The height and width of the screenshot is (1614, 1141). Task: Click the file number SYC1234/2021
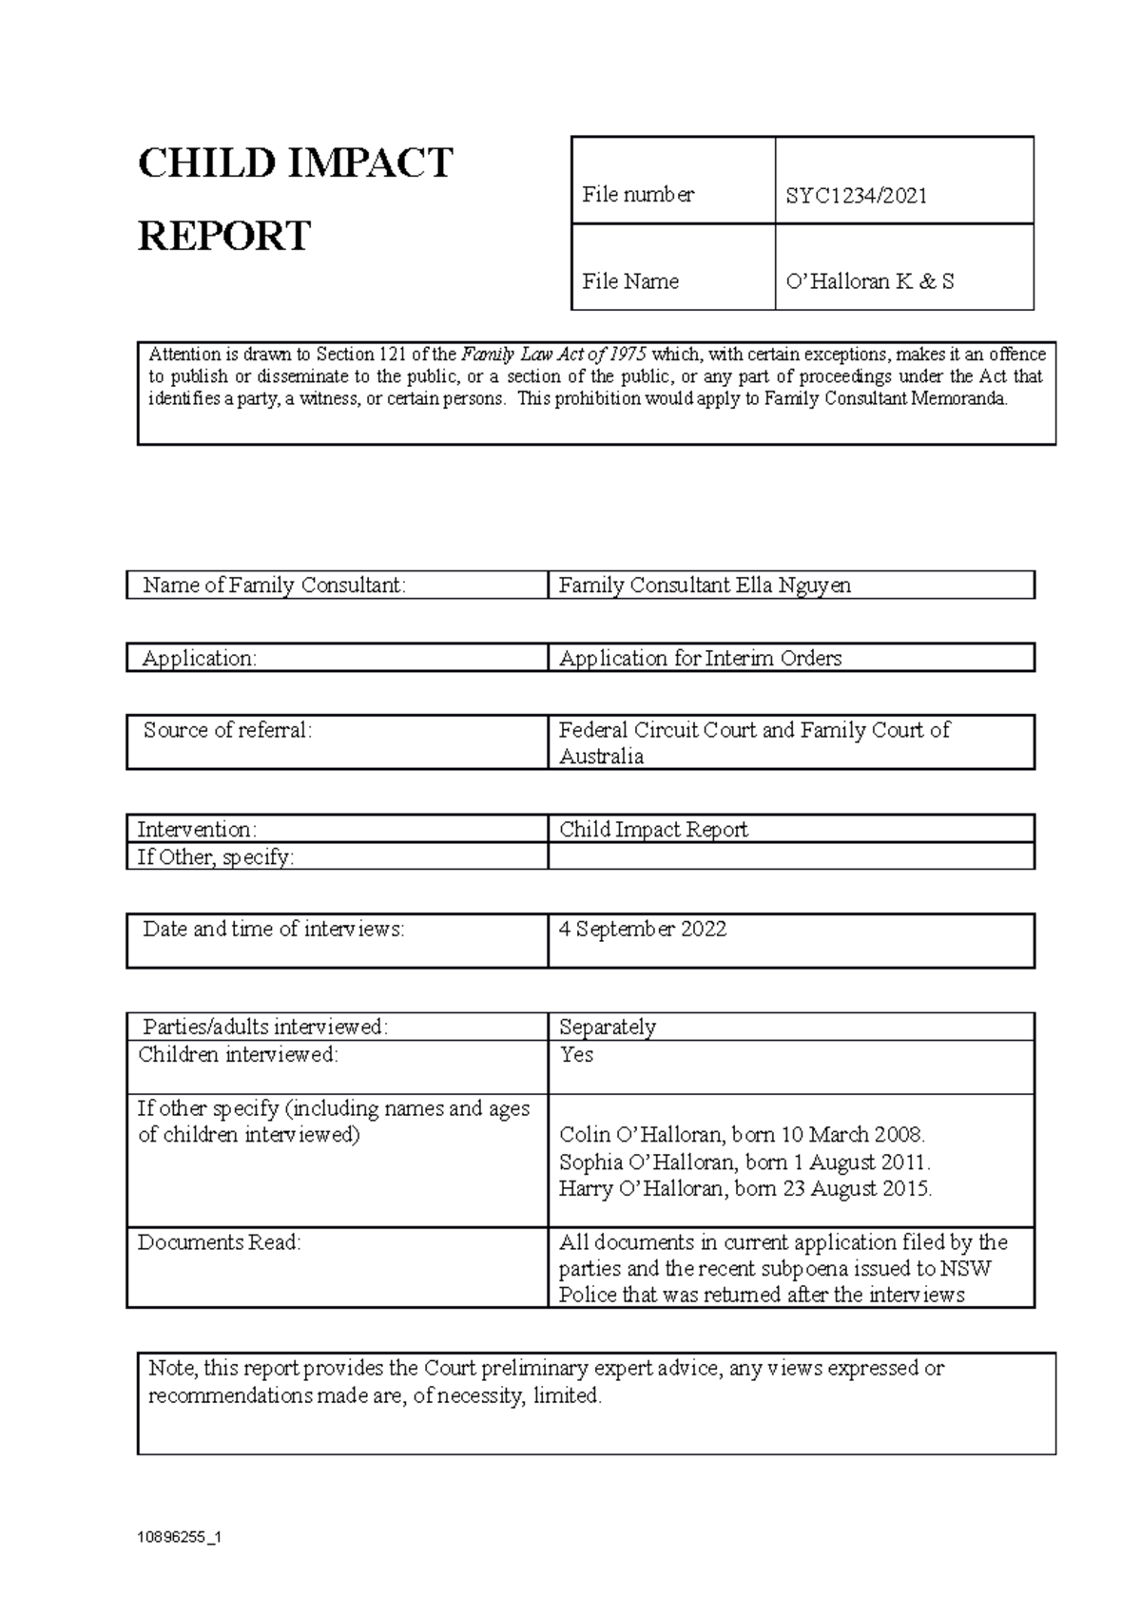[856, 196]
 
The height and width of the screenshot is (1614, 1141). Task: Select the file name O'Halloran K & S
[869, 281]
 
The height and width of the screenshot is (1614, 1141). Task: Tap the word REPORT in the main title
[224, 236]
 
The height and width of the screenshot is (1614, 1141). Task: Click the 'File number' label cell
[638, 195]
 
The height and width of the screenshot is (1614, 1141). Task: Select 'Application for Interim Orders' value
[700, 658]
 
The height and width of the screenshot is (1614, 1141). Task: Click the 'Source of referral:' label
[227, 730]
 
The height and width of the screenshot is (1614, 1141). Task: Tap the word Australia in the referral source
[601, 757]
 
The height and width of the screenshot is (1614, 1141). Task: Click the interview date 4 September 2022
[643, 929]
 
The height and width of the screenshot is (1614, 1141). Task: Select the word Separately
[607, 1027]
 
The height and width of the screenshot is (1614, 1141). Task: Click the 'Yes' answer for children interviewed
[576, 1054]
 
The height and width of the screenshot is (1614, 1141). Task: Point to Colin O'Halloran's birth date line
[742, 1134]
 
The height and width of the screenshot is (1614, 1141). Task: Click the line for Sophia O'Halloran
[745, 1162]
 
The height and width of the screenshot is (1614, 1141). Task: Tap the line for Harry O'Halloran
[745, 1188]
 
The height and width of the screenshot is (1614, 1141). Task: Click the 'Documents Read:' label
[219, 1242]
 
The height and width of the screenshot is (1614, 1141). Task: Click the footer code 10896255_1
[179, 1536]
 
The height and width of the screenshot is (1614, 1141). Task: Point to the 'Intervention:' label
[197, 829]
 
